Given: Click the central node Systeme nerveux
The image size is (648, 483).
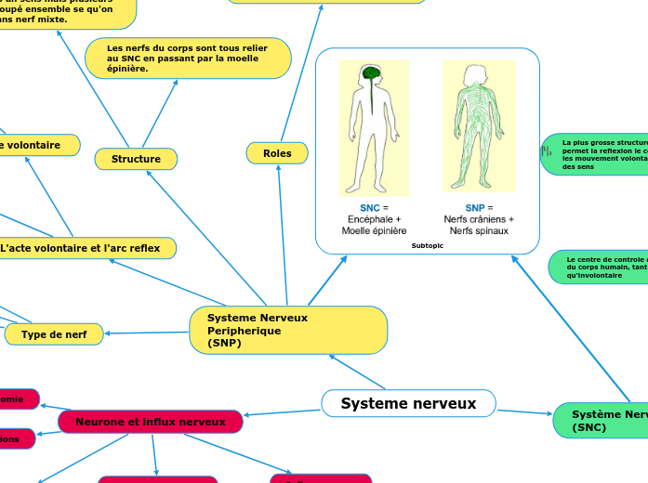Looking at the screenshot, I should coord(408,403).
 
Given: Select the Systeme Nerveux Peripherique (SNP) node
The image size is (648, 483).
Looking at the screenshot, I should coord(288,330).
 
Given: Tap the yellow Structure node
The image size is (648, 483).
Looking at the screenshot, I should coord(136,159).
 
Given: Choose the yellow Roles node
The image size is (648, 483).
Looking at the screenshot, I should coord(277,153).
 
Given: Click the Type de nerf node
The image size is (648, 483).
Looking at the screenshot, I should coord(54,334).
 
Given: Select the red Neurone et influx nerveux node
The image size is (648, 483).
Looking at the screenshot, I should coord(151,422).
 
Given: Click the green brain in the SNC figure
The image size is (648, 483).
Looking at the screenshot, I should coord(371,73).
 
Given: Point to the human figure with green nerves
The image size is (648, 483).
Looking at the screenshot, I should coord(478,125).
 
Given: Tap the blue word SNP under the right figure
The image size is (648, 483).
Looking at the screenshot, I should coord(474,207).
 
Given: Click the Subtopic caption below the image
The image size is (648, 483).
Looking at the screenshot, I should coord(427,245).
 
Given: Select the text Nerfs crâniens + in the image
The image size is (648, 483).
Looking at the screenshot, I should coord(479,219).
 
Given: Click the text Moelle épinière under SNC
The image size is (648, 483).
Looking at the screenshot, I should coord(374,230).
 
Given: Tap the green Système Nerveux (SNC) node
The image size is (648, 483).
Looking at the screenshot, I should coord(604,421).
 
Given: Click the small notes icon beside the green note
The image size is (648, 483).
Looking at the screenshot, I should coord(547,149).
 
